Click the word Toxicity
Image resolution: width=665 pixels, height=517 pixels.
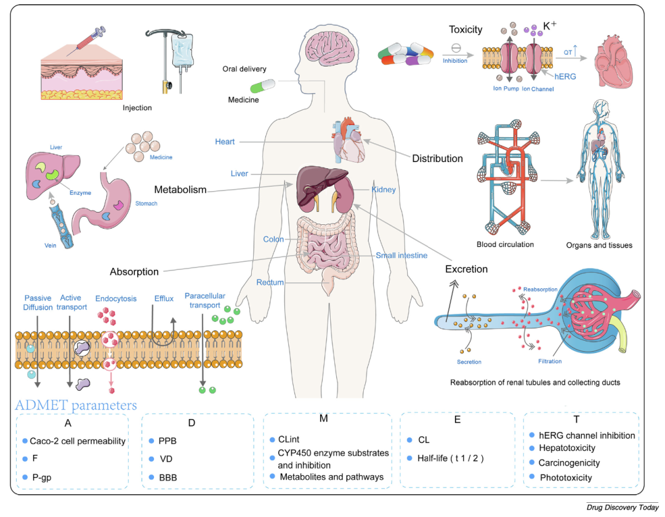coord(465,30)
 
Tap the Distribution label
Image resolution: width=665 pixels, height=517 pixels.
coord(437,158)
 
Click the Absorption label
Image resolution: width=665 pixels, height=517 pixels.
coord(134,271)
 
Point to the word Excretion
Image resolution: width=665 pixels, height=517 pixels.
coord(467,269)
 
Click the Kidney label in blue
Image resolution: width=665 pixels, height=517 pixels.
coord(384,189)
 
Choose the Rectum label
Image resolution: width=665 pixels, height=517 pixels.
coord(270,282)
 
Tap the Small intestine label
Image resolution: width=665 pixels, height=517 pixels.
coord(401,255)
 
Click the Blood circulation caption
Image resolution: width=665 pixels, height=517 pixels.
coord(505,245)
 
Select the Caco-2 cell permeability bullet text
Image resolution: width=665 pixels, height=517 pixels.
coord(78,441)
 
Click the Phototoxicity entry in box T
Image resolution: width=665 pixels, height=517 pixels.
coord(566,478)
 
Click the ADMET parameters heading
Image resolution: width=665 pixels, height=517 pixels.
coord(76,405)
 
